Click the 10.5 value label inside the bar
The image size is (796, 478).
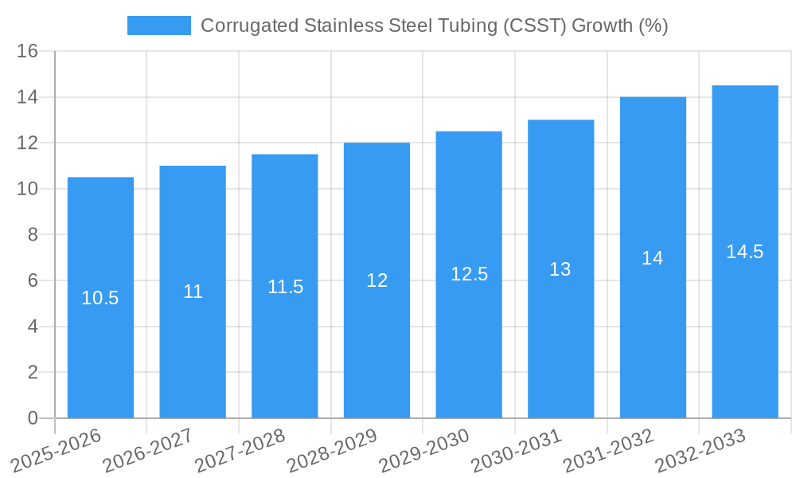click(100, 298)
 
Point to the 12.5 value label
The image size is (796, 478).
click(469, 274)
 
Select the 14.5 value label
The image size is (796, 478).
click(744, 252)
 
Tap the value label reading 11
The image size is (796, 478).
click(193, 292)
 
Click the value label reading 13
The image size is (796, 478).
click(560, 269)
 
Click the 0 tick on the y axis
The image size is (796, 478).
click(33, 418)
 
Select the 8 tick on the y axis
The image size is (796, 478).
click(33, 235)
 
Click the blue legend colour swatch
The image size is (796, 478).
click(159, 25)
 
